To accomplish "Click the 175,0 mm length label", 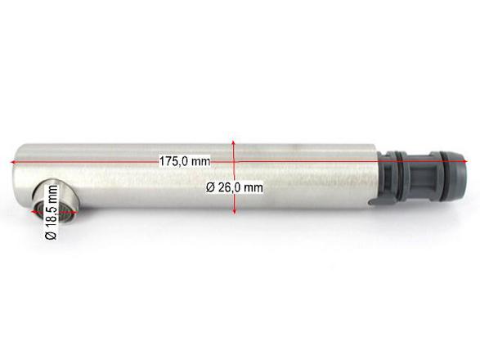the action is point(185,161).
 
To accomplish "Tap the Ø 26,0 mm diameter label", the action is point(235,187).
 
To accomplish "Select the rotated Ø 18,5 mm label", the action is point(52,212).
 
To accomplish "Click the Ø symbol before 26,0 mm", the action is point(210,187).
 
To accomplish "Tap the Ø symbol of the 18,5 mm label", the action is point(52,235).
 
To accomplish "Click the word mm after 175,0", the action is point(200,161).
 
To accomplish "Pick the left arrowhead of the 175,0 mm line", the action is point(13,162).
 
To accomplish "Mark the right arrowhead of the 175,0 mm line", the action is point(465,161).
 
